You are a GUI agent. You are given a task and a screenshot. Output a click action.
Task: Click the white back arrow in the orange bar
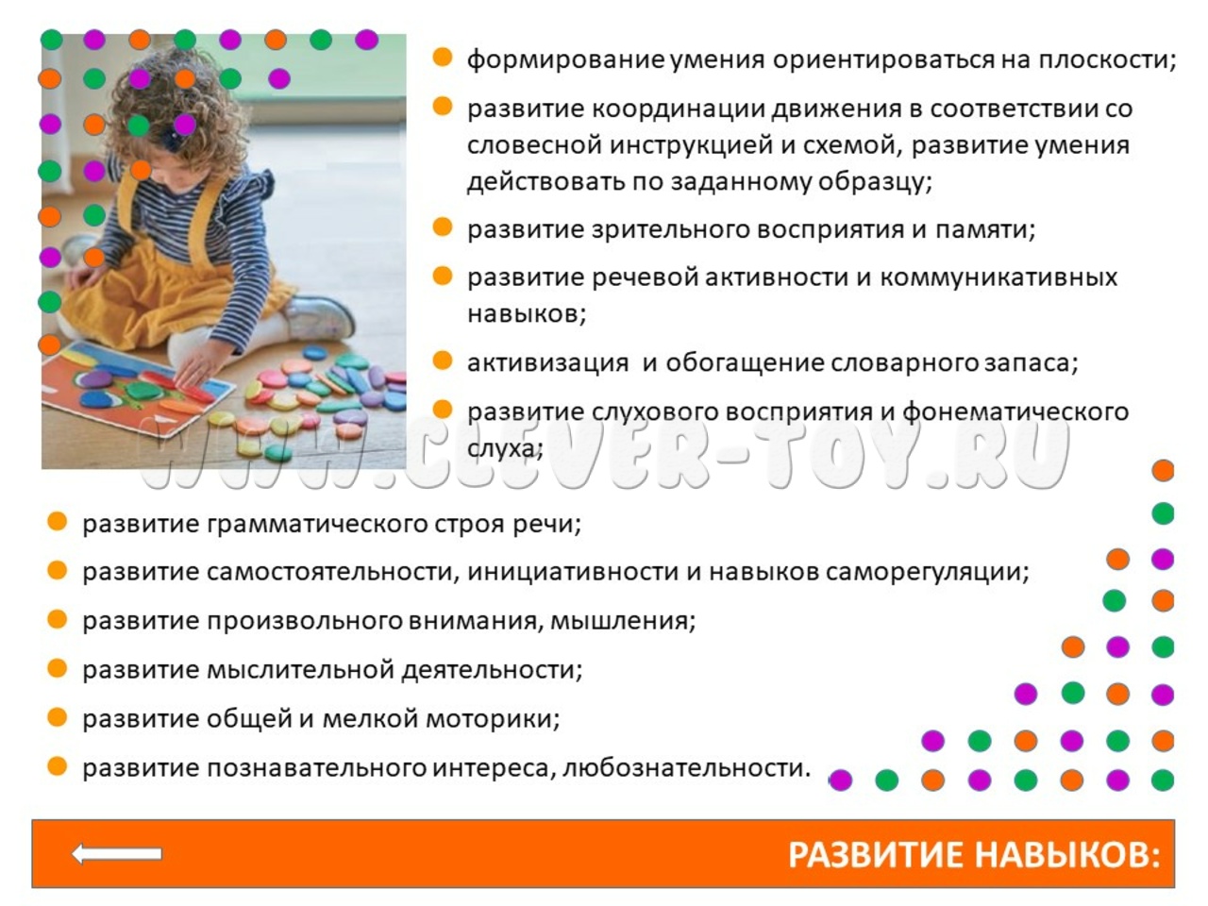coord(117,854)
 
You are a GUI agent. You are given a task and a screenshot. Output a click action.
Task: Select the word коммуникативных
coord(998,277)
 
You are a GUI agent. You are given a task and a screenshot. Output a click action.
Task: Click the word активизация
coord(548,363)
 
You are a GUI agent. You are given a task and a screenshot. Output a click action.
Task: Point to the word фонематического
coord(1015,412)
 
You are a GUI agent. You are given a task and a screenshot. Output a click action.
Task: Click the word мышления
coord(623,621)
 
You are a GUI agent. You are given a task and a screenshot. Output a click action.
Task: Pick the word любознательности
coord(687,767)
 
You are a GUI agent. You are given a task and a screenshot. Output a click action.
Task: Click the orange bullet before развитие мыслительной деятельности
coord(58,668)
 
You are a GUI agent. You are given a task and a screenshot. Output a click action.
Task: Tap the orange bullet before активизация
coord(443,361)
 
